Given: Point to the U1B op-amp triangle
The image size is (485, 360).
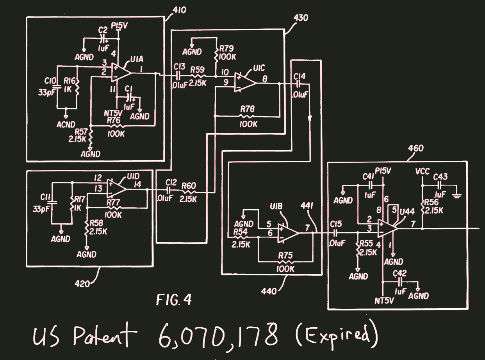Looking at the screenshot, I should pyautogui.click(x=288, y=233).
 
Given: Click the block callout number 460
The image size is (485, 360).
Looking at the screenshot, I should pyautogui.click(x=415, y=149).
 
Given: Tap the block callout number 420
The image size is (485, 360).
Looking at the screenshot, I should pyautogui.click(x=83, y=283).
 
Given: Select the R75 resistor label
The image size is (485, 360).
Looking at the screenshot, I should pyautogui.click(x=286, y=256).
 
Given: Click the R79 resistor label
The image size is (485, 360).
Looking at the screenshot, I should pyautogui.click(x=227, y=49).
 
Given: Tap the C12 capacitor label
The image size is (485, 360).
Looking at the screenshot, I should pyautogui.click(x=171, y=182).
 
